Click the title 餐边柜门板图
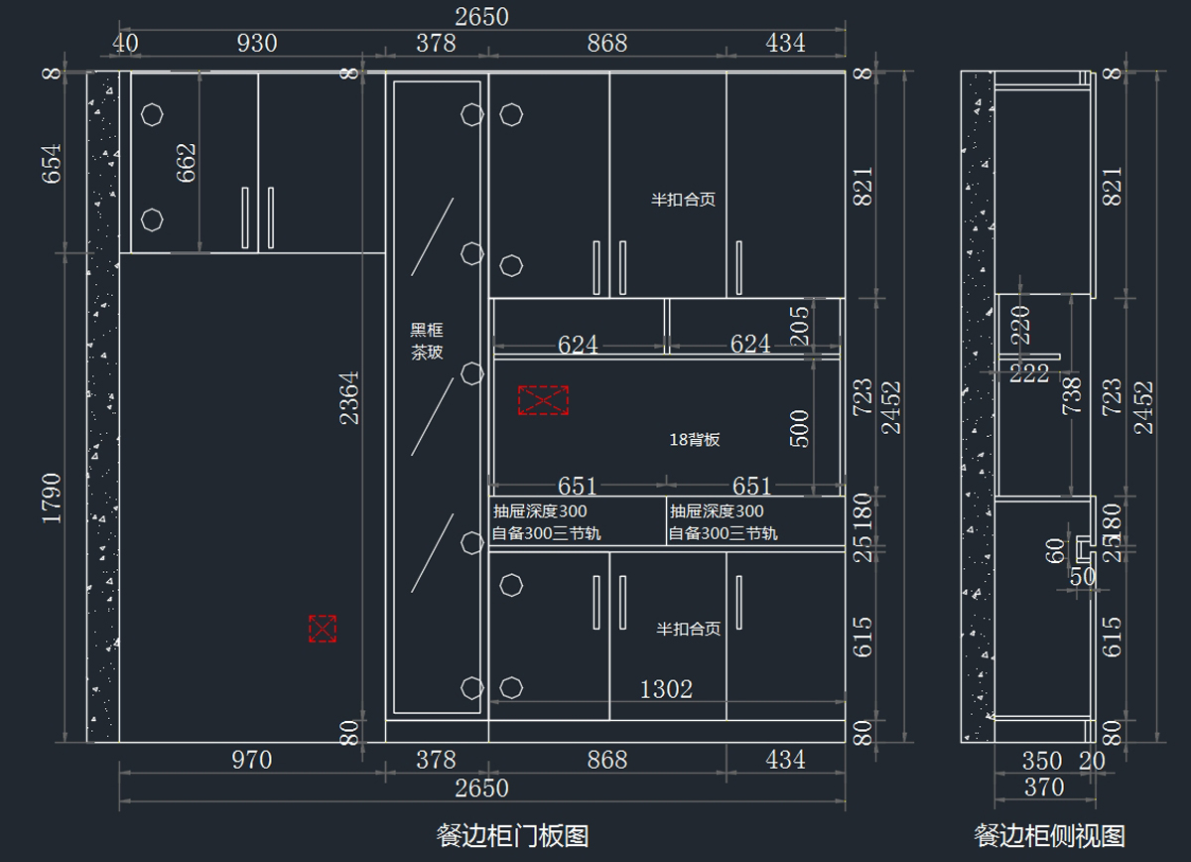point(512,835)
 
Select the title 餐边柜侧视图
point(1049,835)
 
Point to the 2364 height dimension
point(349,397)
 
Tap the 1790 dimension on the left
point(51,499)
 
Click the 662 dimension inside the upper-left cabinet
point(186,163)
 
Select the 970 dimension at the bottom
point(251,761)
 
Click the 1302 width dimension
point(666,689)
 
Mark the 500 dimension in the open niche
point(800,428)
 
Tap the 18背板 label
point(695,439)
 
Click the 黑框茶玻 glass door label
point(427,341)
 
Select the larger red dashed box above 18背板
point(543,400)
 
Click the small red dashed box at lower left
point(323,629)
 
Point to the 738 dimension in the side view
point(1072,395)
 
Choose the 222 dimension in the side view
point(1030,374)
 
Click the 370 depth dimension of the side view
point(1043,789)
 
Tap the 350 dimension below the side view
point(1042,762)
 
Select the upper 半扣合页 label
point(683,200)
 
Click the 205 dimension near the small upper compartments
point(800,322)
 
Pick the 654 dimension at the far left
point(51,163)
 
